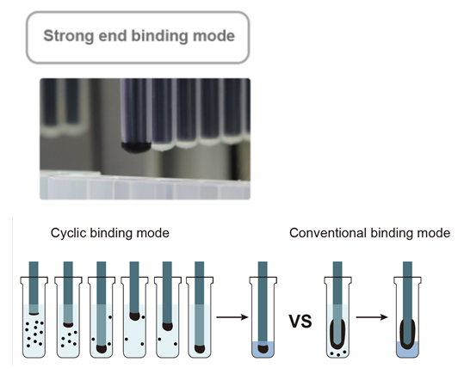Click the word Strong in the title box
pos(68,36)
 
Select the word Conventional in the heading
pos(328,233)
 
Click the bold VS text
pos(300,322)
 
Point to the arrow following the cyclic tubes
pos(232,317)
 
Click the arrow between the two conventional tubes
pos(372,317)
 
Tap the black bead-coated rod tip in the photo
pos(136,147)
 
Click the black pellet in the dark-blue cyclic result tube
pos(263,349)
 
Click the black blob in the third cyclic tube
pos(102,349)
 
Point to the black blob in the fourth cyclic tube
pos(134,316)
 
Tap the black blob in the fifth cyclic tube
pos(168,327)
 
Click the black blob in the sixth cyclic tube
pos(200,349)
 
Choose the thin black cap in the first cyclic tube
pos(34,313)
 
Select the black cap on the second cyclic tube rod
pos(68,325)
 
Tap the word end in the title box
pos(113,36)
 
